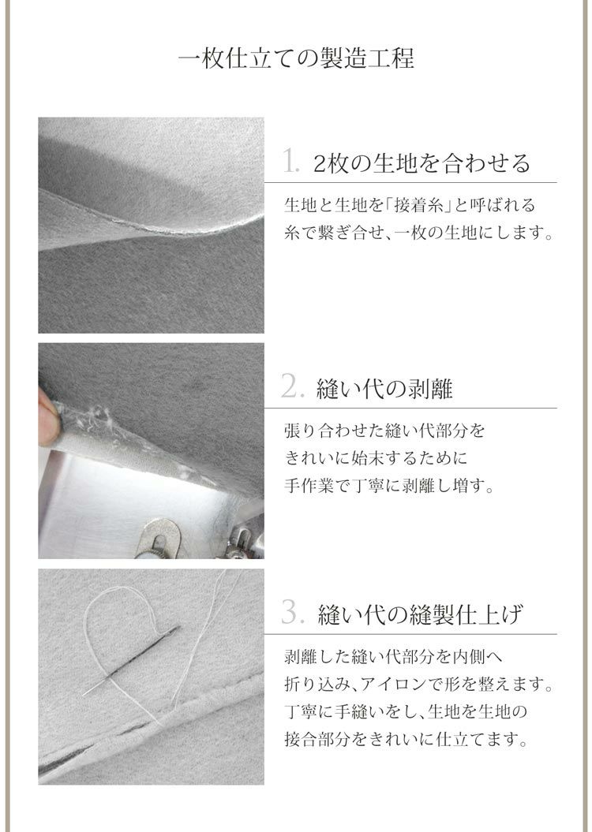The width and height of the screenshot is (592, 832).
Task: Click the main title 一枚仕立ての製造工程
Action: (x=296, y=58)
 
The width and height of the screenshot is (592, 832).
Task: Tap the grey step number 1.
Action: (x=290, y=161)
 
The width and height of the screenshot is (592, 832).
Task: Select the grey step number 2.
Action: (x=292, y=386)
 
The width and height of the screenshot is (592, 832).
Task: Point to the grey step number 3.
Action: (x=292, y=612)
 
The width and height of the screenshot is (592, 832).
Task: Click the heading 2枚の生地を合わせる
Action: (x=422, y=162)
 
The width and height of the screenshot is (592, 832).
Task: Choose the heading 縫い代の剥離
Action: (x=384, y=389)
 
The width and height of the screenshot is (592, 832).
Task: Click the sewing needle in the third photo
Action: (x=131, y=660)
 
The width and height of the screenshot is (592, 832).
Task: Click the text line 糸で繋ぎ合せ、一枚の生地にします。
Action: (x=419, y=233)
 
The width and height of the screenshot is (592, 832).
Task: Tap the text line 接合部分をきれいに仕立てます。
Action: (x=407, y=739)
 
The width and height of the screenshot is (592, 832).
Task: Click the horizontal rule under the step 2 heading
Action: (x=410, y=408)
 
